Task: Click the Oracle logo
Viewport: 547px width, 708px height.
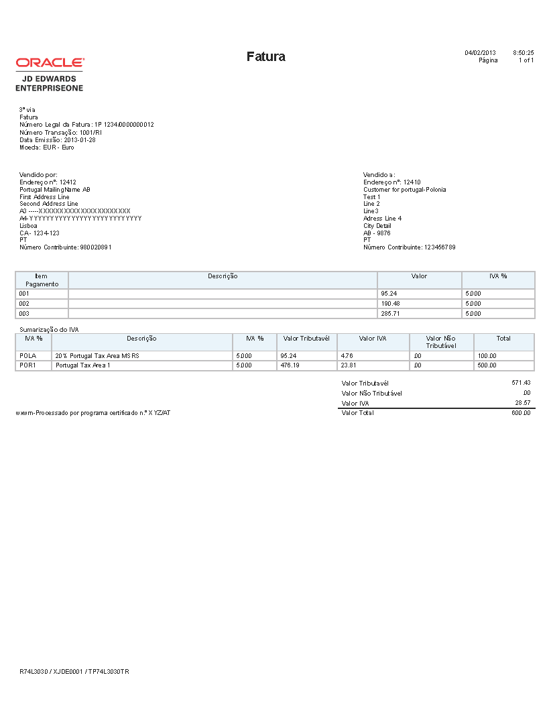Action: [50, 62]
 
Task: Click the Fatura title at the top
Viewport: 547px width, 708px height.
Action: [265, 56]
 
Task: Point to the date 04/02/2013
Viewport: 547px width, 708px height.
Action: [480, 52]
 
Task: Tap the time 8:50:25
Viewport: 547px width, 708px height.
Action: [523, 52]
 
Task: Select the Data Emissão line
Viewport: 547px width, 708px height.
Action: [57, 140]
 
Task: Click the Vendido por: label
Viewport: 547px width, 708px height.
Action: [38, 174]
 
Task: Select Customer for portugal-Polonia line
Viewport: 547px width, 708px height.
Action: [404, 189]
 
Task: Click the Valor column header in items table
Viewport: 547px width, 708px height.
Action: [419, 276]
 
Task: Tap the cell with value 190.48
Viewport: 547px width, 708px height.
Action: [389, 304]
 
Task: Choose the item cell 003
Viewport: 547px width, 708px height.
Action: [25, 314]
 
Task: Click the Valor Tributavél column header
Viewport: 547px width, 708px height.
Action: [306, 339]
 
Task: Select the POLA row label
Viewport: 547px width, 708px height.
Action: [27, 356]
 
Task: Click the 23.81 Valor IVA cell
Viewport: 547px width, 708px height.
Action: [349, 366]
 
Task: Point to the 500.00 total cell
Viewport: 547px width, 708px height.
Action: [487, 366]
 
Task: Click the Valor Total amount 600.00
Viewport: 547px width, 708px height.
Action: [521, 413]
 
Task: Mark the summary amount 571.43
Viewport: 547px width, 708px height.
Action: [521, 383]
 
